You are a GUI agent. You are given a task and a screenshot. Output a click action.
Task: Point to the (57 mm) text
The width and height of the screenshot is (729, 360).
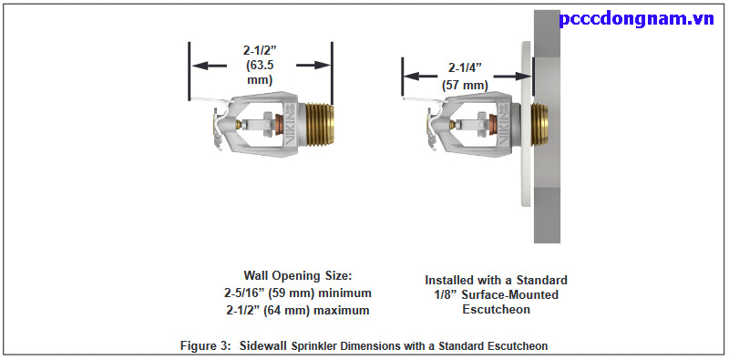tap(465, 85)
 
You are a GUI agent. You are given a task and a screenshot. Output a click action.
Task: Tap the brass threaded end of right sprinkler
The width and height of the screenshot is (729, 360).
tap(539, 128)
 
